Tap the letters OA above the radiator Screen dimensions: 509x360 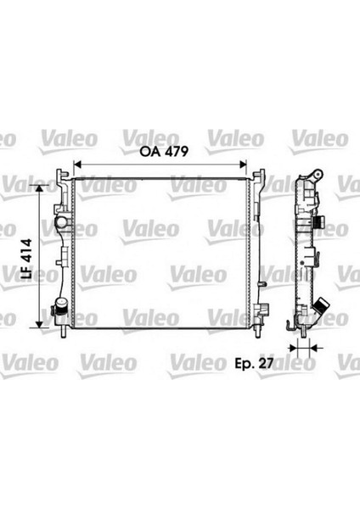[x=150, y=153]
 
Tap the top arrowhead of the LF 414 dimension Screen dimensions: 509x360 [x=38, y=184]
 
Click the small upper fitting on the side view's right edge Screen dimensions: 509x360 [x=320, y=224]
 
